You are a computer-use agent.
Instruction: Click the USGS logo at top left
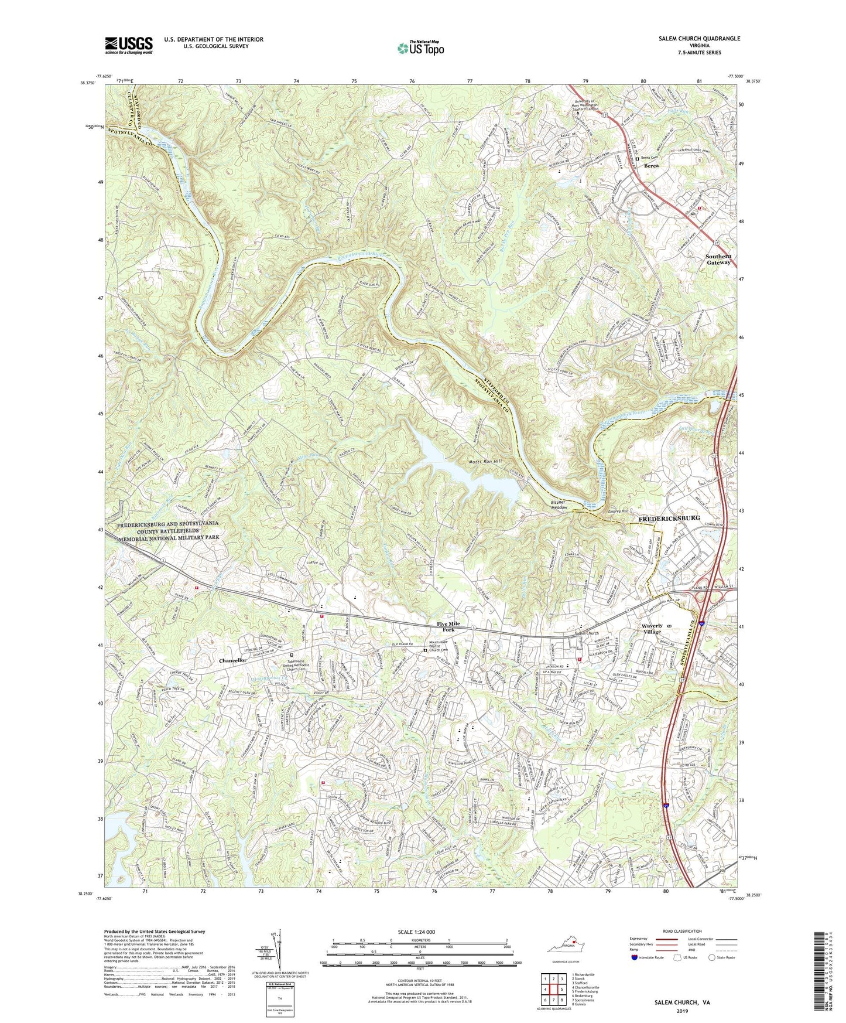129,45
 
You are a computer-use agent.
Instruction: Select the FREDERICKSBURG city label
664,519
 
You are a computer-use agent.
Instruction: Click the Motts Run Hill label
482,462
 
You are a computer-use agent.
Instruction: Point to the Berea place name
651,166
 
